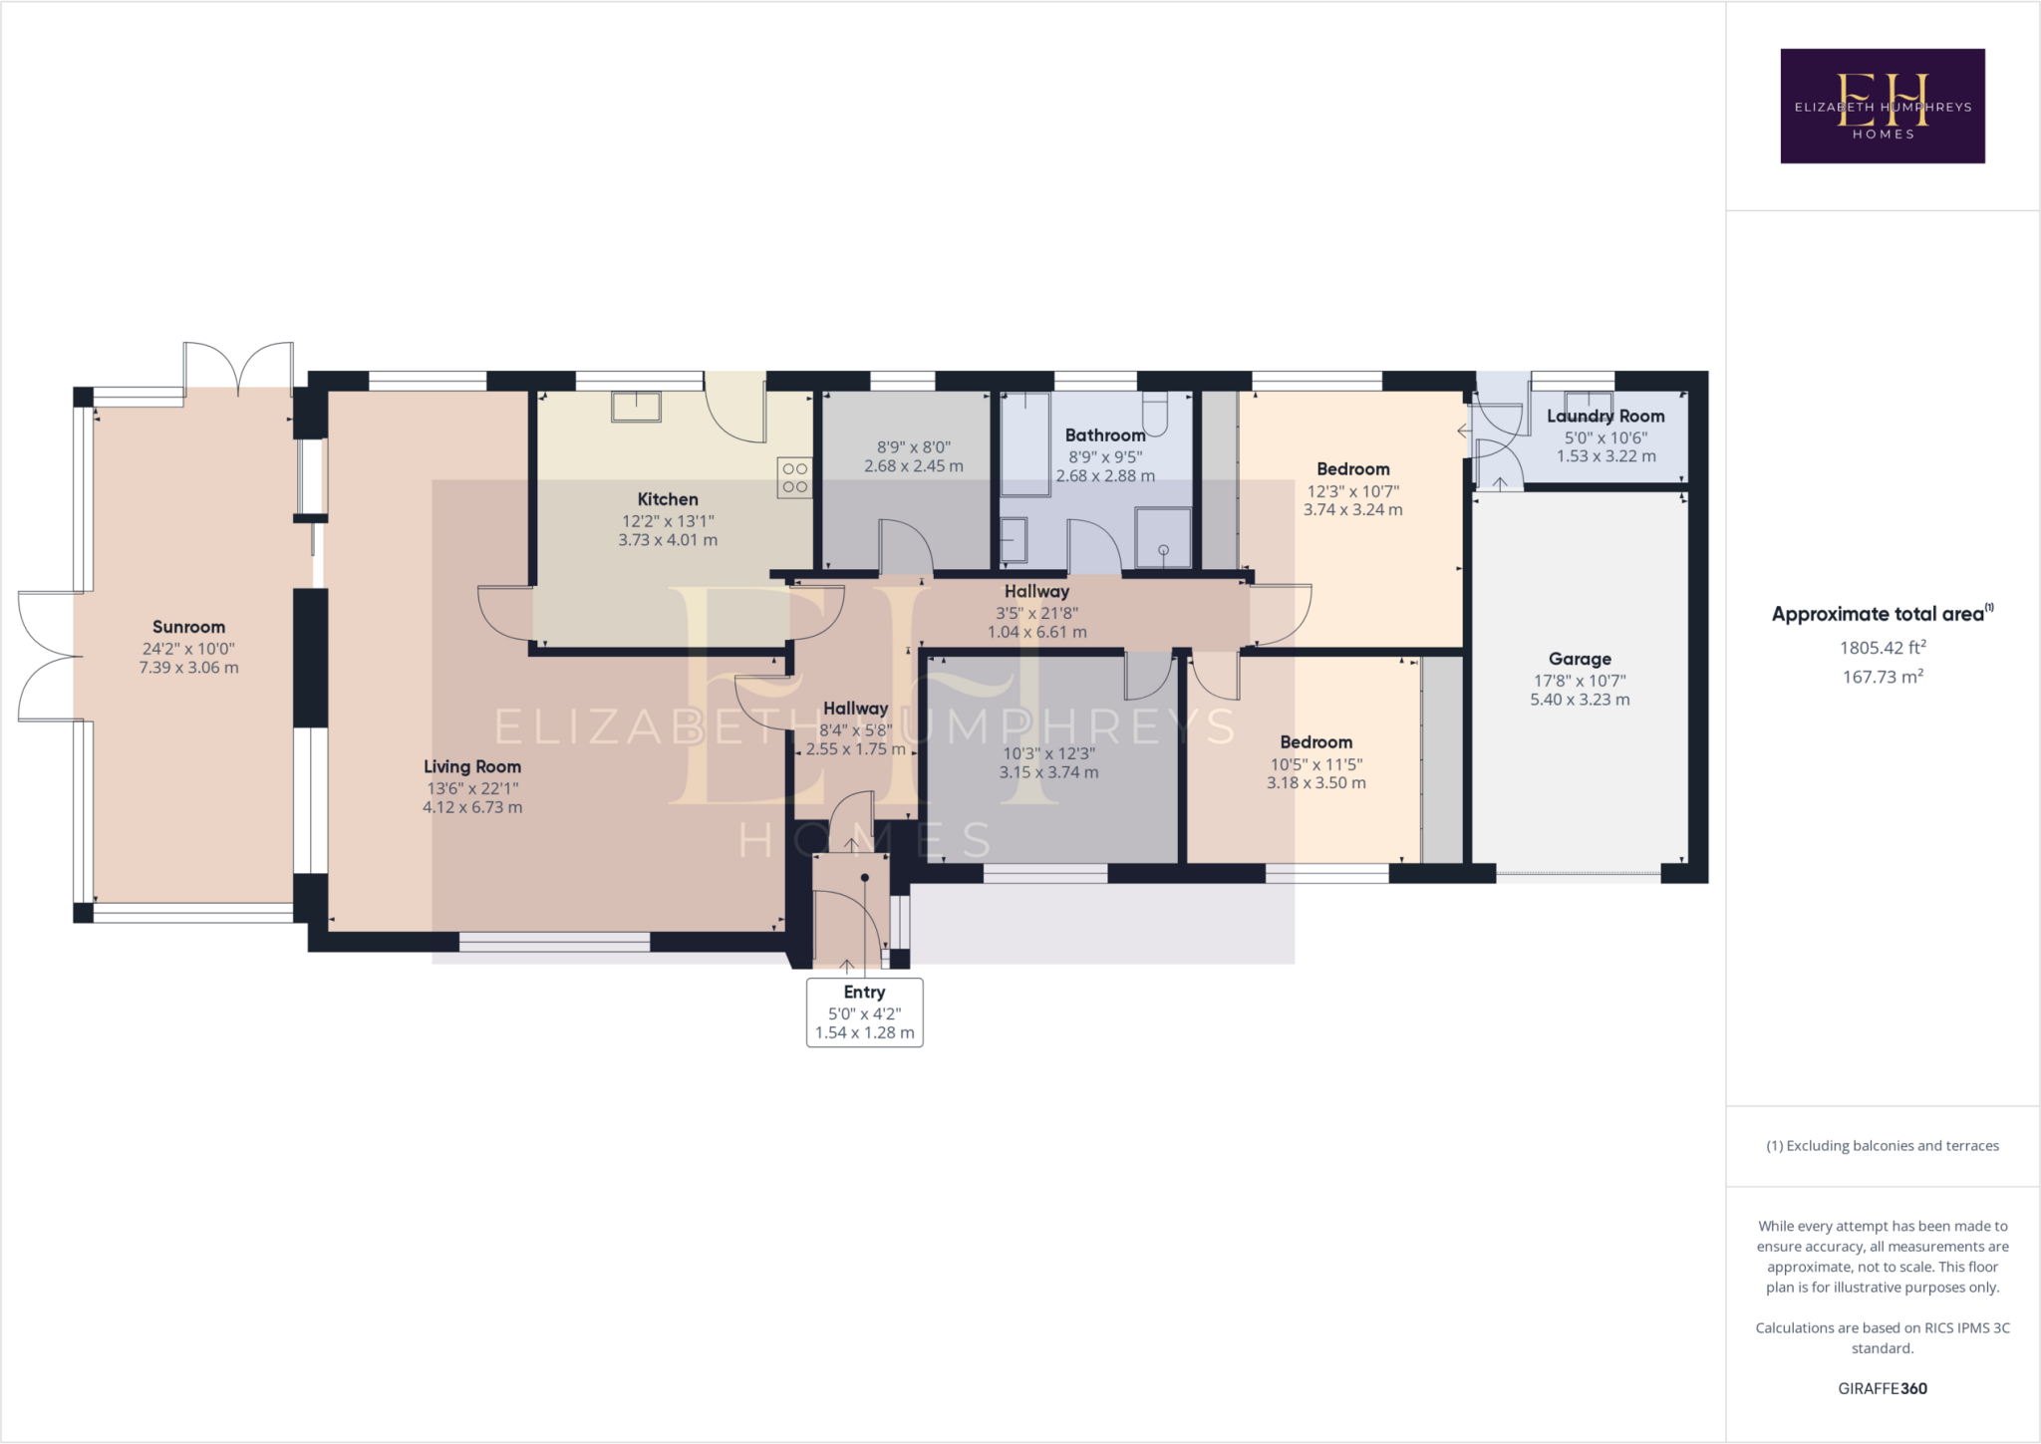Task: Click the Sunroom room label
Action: (x=188, y=627)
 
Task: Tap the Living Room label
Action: (x=472, y=766)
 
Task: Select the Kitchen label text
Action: (x=668, y=499)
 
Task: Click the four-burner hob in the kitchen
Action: (x=795, y=477)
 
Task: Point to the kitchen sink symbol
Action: (x=636, y=407)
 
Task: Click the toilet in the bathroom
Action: (x=1155, y=415)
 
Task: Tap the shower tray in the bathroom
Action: (x=1163, y=538)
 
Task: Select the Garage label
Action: (x=1580, y=659)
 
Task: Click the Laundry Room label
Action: (x=1605, y=417)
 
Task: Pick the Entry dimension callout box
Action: (x=864, y=1012)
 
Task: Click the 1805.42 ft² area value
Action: (x=1883, y=648)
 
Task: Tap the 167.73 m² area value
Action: (x=1883, y=677)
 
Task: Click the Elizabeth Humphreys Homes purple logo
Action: (x=1883, y=106)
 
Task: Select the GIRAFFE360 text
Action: (x=1883, y=1388)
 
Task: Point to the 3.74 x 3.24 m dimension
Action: (x=1352, y=510)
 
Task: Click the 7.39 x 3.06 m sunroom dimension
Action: (x=188, y=668)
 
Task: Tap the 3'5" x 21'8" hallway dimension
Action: (x=1036, y=613)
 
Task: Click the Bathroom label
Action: (x=1105, y=435)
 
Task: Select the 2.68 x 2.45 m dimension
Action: (x=913, y=466)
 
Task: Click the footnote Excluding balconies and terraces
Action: (x=1883, y=1146)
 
